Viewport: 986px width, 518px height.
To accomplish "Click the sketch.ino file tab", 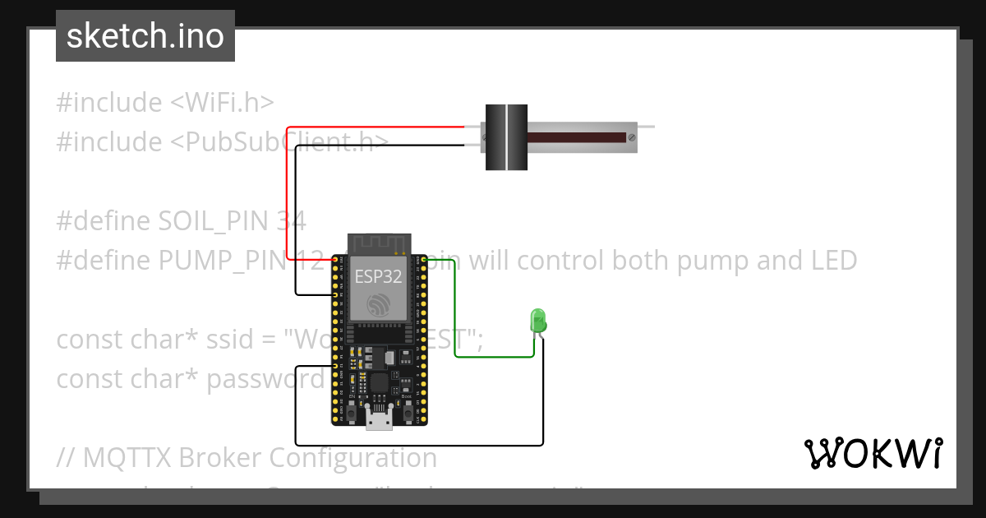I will tap(145, 36).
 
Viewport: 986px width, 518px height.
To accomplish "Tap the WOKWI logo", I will tap(873, 453).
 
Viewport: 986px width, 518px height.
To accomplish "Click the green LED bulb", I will tap(538, 320).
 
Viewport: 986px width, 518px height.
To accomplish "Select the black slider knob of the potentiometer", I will tap(505, 137).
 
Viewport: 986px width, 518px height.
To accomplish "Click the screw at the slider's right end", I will tap(632, 137).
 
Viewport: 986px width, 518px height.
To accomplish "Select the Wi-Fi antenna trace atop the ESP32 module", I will tap(379, 243).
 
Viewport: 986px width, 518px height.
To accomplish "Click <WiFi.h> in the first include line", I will tap(222, 103).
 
